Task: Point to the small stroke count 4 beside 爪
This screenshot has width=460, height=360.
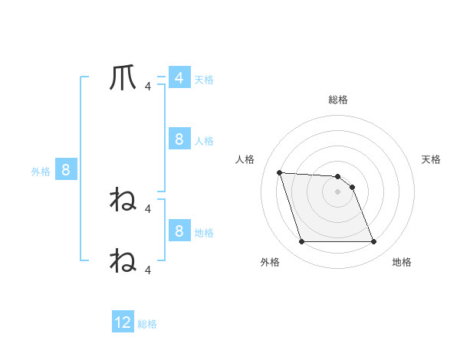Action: click(x=148, y=87)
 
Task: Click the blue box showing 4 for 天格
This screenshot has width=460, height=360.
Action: click(x=179, y=78)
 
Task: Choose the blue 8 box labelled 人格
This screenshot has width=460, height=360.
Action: click(x=179, y=139)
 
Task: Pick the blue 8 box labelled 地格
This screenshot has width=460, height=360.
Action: click(x=179, y=231)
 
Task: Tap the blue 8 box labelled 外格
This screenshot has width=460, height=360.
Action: click(x=66, y=170)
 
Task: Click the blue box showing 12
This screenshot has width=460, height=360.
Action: click(x=123, y=322)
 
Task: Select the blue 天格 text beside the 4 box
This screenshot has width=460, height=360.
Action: click(x=204, y=80)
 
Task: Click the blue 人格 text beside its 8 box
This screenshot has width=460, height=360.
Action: click(x=204, y=141)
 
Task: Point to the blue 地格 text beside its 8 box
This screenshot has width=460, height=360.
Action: click(x=204, y=232)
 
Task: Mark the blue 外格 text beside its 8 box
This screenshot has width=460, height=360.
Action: click(x=41, y=172)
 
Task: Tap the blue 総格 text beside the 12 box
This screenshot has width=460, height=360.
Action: click(x=147, y=324)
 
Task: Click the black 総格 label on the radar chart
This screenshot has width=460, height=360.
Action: click(x=338, y=100)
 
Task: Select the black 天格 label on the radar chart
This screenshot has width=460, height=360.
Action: click(x=432, y=159)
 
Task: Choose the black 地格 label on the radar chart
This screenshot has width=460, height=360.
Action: click(x=402, y=262)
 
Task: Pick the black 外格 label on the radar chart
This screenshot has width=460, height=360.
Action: click(x=270, y=262)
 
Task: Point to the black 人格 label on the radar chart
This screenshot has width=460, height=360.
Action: click(x=245, y=159)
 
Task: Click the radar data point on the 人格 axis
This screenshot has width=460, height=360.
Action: click(x=279, y=172)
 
